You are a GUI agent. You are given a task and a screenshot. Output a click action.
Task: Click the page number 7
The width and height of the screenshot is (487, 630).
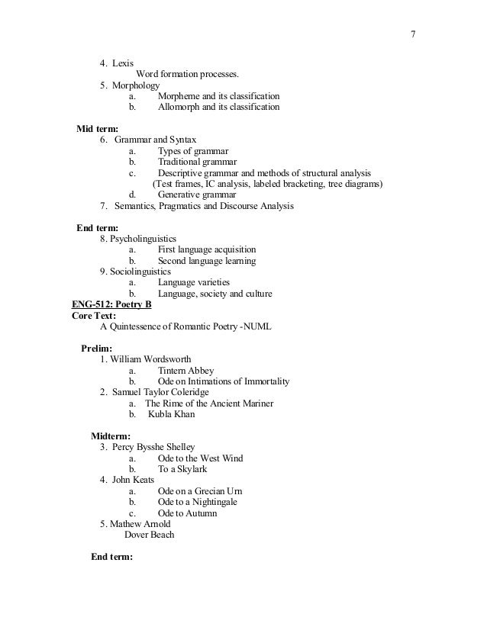pos(413,34)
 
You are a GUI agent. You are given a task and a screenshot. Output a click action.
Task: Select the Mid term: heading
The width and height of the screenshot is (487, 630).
pos(97,129)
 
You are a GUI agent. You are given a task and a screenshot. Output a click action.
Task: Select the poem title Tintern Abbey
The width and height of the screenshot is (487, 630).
pos(186,371)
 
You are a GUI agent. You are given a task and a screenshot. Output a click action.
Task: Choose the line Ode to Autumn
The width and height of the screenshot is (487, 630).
pos(187,513)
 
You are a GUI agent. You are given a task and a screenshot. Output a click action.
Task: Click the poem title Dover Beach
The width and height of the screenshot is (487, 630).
pos(149,535)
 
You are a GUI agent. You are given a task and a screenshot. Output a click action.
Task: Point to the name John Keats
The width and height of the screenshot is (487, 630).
pos(136,480)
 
